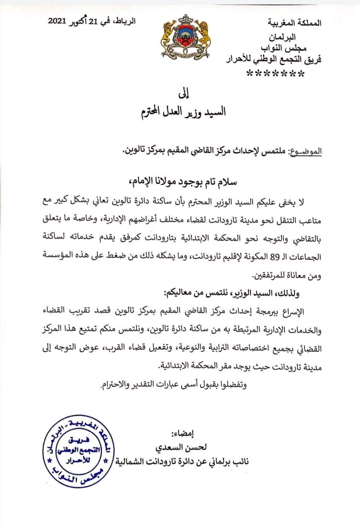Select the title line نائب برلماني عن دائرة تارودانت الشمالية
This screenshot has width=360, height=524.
[182, 462]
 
